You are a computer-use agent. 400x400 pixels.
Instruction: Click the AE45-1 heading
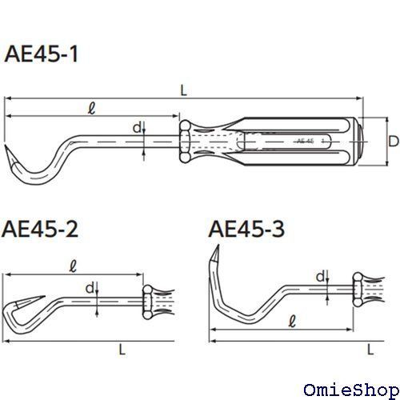[42, 54]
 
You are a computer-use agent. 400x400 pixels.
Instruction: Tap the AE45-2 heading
[40, 229]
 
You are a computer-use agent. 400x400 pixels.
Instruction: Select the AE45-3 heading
[246, 229]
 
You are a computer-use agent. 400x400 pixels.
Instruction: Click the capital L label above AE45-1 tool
[184, 90]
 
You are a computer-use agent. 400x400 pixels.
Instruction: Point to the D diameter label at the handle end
[394, 141]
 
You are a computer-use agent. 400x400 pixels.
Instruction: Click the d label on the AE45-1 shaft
[137, 128]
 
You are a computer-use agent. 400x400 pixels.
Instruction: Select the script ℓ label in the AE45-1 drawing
[91, 108]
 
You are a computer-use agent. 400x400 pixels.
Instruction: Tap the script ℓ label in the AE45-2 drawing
[73, 266]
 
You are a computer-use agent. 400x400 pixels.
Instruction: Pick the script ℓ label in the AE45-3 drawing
[293, 321]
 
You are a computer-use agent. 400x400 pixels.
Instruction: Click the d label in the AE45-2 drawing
[90, 288]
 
